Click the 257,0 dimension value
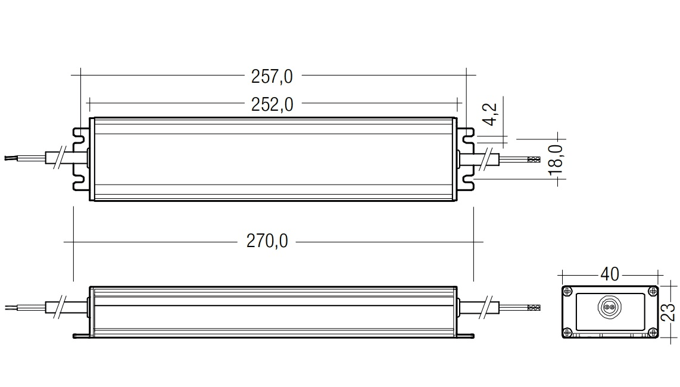[272, 77]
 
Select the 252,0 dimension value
[272, 105]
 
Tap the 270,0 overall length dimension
[267, 241]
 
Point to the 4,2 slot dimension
[491, 114]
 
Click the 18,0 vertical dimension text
[556, 160]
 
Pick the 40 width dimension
[609, 274]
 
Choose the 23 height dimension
[668, 312]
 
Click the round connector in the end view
[609, 307]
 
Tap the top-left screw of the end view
[567, 291]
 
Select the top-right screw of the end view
[653, 291]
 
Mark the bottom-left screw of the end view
[567, 333]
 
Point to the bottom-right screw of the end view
[653, 333]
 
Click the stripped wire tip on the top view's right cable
[534, 159]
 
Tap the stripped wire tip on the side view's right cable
[534, 308]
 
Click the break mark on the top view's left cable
[59, 158]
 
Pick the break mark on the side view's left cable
[59, 307]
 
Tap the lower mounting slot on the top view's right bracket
[466, 182]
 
